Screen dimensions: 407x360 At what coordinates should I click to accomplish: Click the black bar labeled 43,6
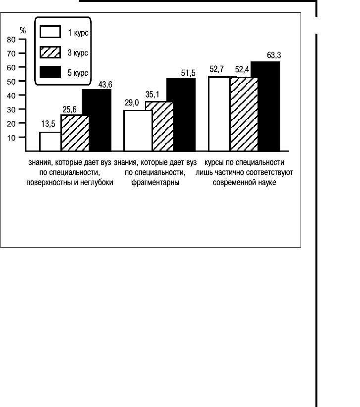point(97,120)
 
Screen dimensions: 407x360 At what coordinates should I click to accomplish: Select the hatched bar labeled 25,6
point(74,132)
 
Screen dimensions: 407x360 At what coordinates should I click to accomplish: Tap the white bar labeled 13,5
point(50,141)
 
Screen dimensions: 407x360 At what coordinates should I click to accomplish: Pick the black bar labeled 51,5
point(181,114)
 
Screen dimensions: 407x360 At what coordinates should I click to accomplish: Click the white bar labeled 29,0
point(138,130)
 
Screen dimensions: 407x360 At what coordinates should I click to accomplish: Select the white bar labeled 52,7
point(219,113)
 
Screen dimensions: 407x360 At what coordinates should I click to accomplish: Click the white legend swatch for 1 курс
point(50,33)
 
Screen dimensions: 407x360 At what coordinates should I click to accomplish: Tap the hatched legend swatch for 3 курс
point(50,52)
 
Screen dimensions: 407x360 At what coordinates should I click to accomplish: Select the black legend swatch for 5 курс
point(50,72)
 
